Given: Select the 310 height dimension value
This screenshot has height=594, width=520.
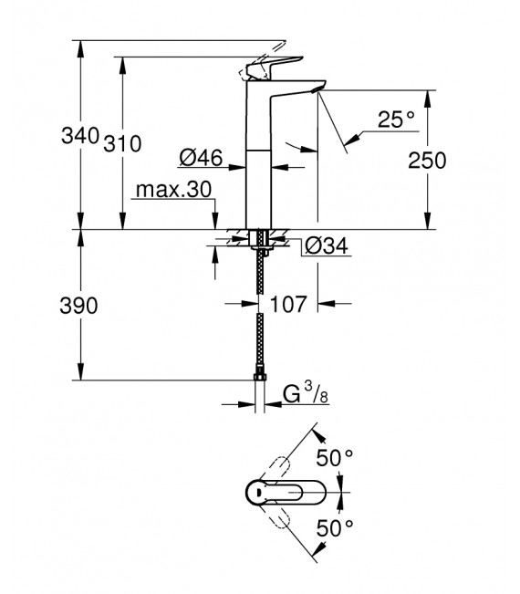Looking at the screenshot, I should [122, 143].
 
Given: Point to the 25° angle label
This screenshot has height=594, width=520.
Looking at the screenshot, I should [396, 120].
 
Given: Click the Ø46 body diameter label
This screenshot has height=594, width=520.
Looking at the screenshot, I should [202, 159].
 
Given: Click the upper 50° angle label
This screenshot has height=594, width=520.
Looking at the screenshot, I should [336, 458].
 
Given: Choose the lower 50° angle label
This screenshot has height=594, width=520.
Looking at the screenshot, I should [336, 526].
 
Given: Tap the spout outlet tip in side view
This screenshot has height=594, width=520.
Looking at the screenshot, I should [316, 89].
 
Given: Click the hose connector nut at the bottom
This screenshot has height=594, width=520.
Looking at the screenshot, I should [260, 377].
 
